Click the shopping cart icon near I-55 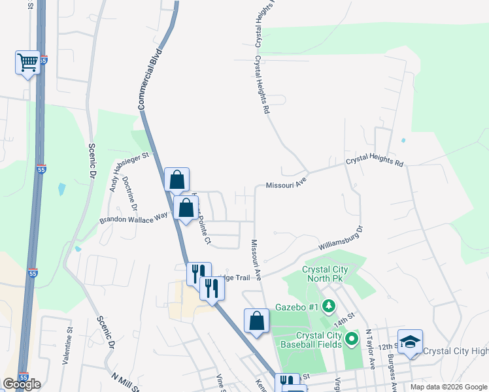(x=27, y=63)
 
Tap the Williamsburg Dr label (x=340, y=242)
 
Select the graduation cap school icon (x=410, y=342)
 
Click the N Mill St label (x=126, y=383)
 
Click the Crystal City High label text (x=456, y=351)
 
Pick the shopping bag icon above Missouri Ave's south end (x=256, y=321)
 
